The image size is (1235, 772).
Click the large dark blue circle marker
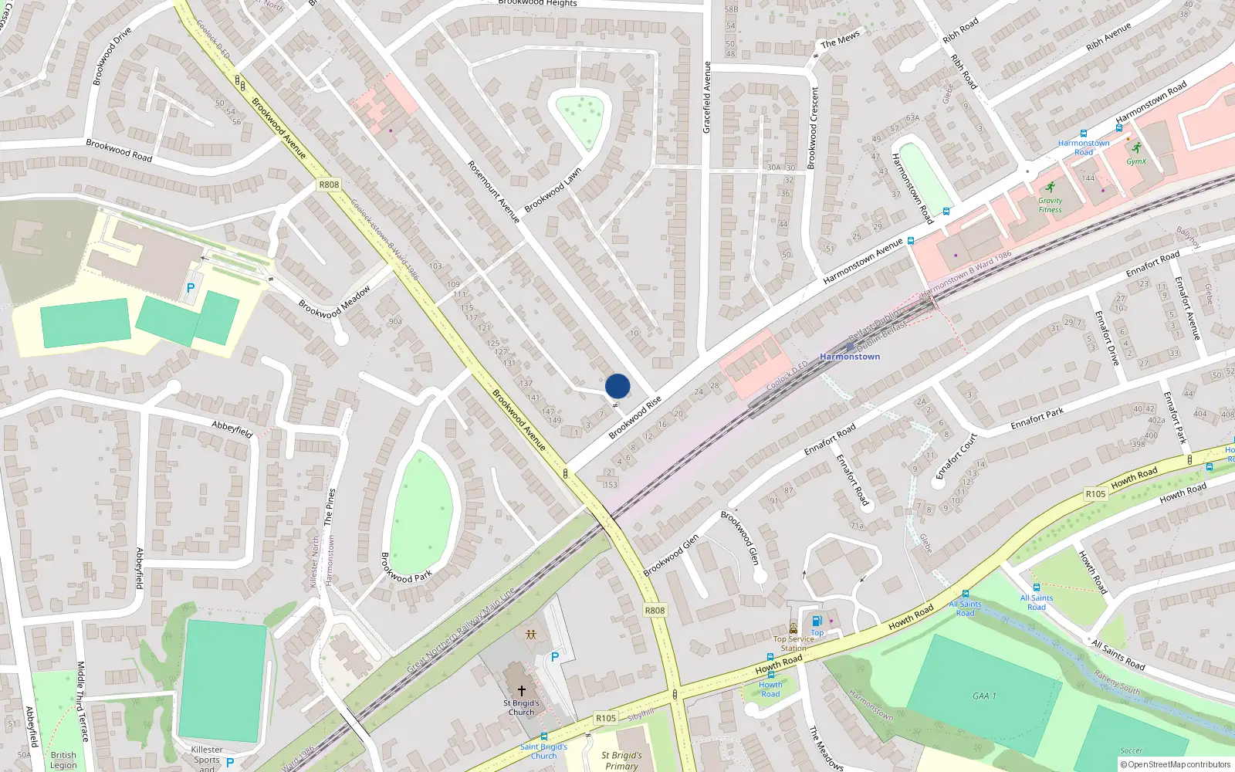click(617, 386)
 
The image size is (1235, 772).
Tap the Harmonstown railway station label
click(850, 357)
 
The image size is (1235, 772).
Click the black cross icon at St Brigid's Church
click(522, 690)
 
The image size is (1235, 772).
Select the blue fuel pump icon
click(817, 621)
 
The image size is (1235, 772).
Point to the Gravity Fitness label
click(1050, 205)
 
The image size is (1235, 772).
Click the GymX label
click(1136, 161)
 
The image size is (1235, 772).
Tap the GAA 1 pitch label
click(983, 696)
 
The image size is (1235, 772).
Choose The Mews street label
click(840, 39)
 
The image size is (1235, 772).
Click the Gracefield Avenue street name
click(706, 97)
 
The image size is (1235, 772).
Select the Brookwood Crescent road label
click(812, 127)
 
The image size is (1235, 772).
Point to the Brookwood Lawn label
click(553, 190)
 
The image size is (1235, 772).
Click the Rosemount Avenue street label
click(494, 192)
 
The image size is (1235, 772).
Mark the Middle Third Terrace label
click(83, 701)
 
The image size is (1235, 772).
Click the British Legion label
click(63, 760)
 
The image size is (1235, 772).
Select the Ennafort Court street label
click(956, 455)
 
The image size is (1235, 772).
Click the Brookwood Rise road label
click(634, 418)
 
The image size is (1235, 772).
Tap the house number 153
click(611, 485)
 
